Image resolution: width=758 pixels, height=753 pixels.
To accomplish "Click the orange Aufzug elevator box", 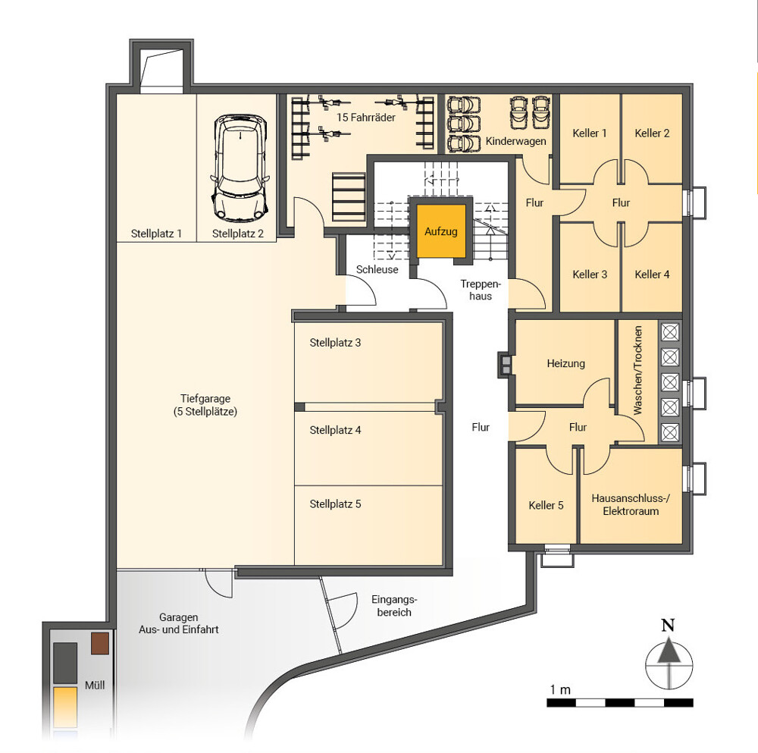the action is (x=441, y=231).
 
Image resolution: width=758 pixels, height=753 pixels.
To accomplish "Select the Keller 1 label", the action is (x=589, y=133).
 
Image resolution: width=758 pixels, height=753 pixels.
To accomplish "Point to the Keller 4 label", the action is (x=652, y=275).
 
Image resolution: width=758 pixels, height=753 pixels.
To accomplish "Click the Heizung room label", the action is (x=565, y=363).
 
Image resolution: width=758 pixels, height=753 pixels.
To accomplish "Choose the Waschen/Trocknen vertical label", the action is (x=637, y=370).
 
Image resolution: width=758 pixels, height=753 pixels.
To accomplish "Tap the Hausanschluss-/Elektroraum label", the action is (x=631, y=504).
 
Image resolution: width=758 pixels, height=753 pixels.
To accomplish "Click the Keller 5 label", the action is (x=546, y=505).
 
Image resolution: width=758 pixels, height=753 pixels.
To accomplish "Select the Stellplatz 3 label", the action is (x=335, y=343).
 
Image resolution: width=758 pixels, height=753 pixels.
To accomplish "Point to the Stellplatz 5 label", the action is (x=335, y=504).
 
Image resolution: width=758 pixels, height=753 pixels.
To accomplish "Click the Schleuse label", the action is (x=377, y=269).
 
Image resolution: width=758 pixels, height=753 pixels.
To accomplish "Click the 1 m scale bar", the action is (x=620, y=702).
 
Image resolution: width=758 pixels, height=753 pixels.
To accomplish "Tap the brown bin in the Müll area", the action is (x=100, y=643).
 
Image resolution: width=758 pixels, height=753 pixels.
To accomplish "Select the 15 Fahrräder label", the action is (x=366, y=117).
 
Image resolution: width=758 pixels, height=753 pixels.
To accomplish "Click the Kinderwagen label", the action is (x=515, y=141).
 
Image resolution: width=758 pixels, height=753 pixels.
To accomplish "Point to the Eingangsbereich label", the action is (x=394, y=605).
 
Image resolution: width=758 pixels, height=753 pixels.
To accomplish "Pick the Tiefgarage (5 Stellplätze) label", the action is (x=205, y=405).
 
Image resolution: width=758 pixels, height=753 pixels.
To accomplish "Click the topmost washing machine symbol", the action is (x=670, y=332).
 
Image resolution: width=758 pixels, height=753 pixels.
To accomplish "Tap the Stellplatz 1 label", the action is (x=156, y=234).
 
